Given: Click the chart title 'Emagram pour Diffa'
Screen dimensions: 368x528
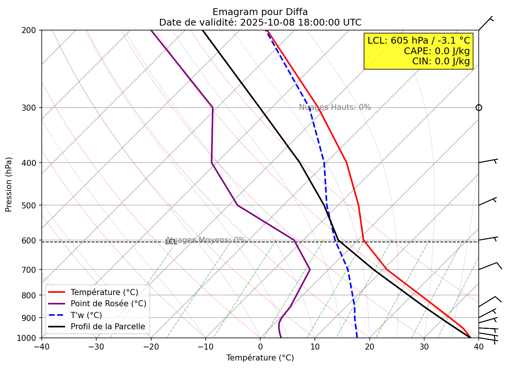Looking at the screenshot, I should [260, 12].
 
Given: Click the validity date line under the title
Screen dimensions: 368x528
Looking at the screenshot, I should [260, 23].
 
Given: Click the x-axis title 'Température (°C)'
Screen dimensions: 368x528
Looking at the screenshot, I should [260, 358].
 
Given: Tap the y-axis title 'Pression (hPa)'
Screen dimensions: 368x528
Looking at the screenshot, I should [9, 184].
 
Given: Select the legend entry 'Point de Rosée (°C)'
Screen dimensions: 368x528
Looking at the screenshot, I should [108, 304].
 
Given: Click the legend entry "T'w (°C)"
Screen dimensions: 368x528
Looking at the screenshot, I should [86, 315].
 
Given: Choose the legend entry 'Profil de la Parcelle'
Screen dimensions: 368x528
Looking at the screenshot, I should [108, 327].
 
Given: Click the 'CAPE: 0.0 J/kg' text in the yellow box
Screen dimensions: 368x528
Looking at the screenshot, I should [437, 51].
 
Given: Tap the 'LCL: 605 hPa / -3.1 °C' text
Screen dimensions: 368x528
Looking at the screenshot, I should [419, 41].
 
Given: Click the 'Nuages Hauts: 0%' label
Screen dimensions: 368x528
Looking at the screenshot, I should [335, 107].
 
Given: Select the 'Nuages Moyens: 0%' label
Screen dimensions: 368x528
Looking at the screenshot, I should [206, 240].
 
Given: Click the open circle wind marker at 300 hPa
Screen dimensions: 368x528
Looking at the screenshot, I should [479, 108].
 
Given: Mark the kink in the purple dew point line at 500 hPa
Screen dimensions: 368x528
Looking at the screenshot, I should [237, 205].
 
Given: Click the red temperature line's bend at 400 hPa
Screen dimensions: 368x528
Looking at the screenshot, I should [346, 163].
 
